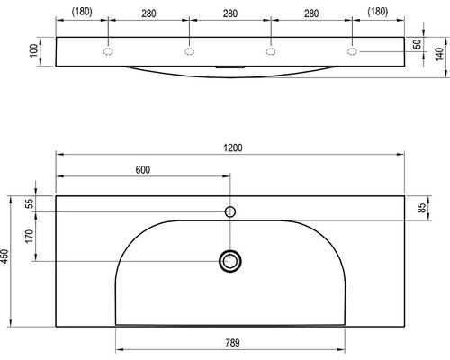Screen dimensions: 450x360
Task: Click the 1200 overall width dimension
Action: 233,148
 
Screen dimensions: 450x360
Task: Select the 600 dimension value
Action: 143,170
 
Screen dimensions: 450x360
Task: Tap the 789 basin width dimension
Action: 232,343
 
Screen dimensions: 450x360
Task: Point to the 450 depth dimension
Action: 4,256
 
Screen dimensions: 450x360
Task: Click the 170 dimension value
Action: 30,236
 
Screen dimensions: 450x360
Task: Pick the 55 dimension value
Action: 30,204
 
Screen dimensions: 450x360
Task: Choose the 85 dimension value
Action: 422,208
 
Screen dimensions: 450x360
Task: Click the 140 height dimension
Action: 439,54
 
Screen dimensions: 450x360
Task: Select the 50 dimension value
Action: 418,44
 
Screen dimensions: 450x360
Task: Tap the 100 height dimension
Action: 34,50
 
